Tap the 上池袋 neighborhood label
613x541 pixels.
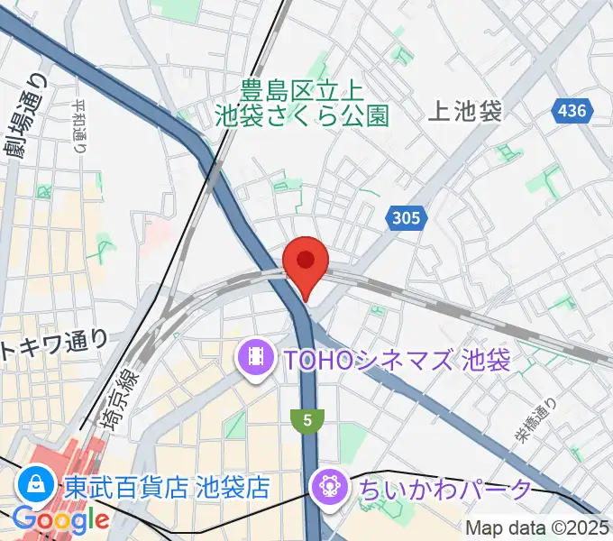465,111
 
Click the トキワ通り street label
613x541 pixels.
55,344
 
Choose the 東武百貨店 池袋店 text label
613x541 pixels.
168,488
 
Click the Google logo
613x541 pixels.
60,519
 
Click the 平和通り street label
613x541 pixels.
78,126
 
